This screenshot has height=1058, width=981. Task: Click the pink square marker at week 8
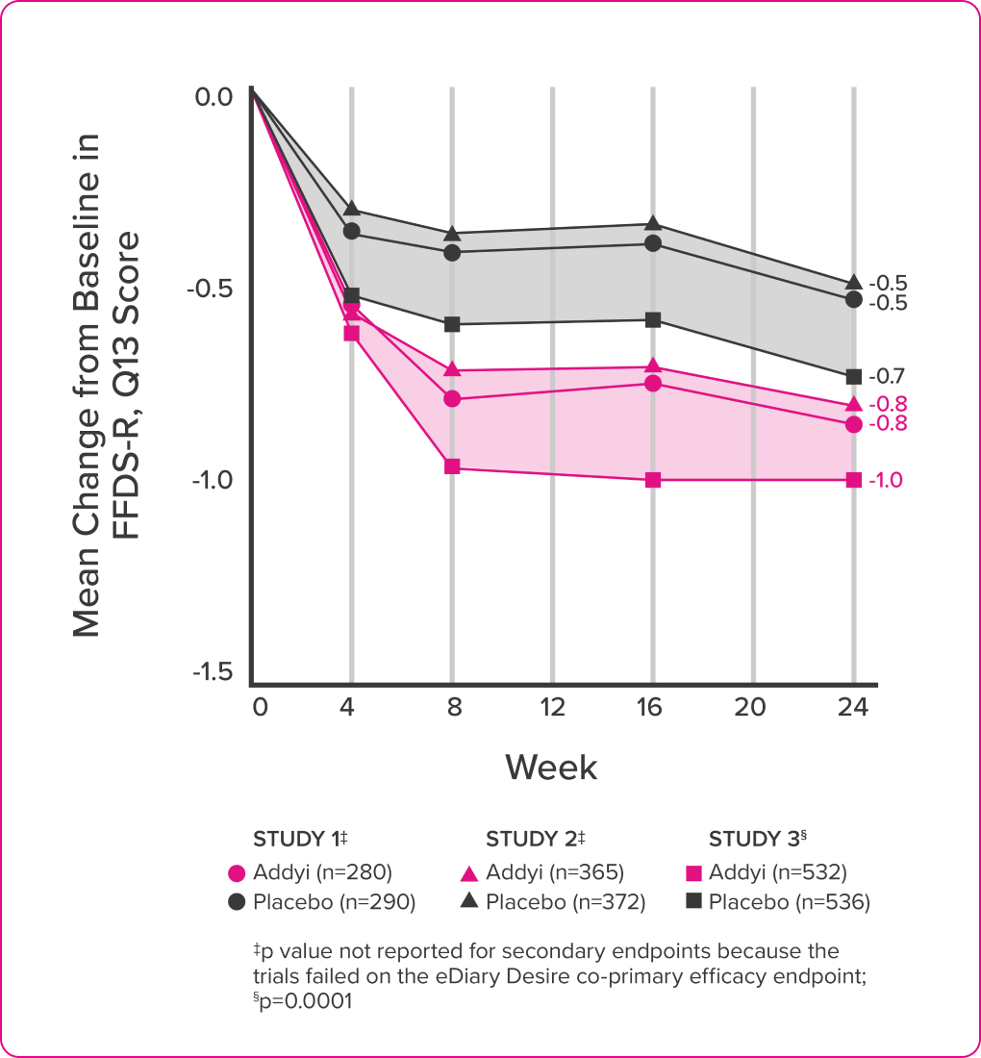coord(452,466)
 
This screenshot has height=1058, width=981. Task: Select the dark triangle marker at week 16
coord(653,224)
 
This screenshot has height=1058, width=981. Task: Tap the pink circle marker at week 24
coord(853,424)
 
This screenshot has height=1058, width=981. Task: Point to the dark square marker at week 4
coord(351,295)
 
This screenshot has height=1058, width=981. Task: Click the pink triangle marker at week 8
coord(452,370)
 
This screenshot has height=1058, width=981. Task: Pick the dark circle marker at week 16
coord(653,243)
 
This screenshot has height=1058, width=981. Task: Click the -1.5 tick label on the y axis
coord(212,671)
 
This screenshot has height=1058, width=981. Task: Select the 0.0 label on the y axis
coord(213,97)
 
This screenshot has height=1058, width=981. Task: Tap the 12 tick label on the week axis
coord(553,708)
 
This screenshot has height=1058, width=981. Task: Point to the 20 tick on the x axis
coord(751,708)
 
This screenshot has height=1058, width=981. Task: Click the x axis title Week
coord(551,767)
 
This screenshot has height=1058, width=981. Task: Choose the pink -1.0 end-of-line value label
coord(885,480)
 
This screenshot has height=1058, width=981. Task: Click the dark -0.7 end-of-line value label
coord(887,376)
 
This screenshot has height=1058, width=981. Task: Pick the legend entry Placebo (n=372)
coord(565,902)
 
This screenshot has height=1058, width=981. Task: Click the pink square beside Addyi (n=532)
coord(692,873)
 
